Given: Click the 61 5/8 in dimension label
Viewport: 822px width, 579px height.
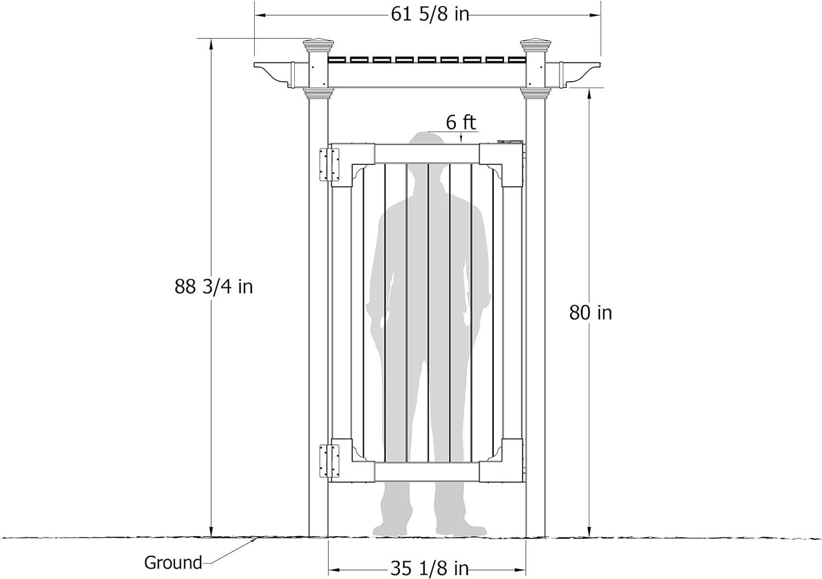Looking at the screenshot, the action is click(x=430, y=15).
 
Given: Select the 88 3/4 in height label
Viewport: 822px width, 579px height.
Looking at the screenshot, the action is click(x=214, y=287).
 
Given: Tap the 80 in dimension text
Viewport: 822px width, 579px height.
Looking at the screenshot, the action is click(x=590, y=313).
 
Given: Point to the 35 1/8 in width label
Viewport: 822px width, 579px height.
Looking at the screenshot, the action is click(x=429, y=569).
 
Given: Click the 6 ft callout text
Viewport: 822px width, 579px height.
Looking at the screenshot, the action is click(x=461, y=123).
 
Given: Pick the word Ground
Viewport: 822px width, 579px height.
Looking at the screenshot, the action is click(x=173, y=563).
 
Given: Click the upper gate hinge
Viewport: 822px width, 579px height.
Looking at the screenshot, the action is click(x=329, y=164).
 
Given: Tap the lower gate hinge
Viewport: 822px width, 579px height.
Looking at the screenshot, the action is click(x=329, y=461).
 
